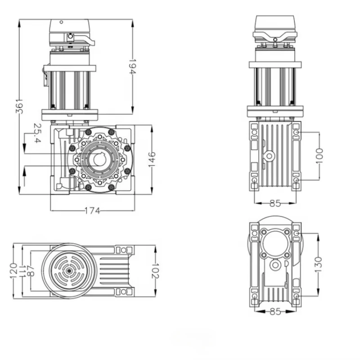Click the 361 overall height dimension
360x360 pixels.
tap(19, 107)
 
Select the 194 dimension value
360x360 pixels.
tap(132, 67)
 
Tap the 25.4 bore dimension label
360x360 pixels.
tap(37, 133)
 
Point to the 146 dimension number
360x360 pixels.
tap(152, 160)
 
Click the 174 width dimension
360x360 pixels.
tap(93, 211)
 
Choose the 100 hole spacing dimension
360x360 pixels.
tap(319, 156)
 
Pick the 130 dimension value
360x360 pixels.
tap(319, 265)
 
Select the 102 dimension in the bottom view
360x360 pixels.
tap(155, 270)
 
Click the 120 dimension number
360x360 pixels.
tap(13, 271)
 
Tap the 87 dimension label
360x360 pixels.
tap(31, 271)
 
